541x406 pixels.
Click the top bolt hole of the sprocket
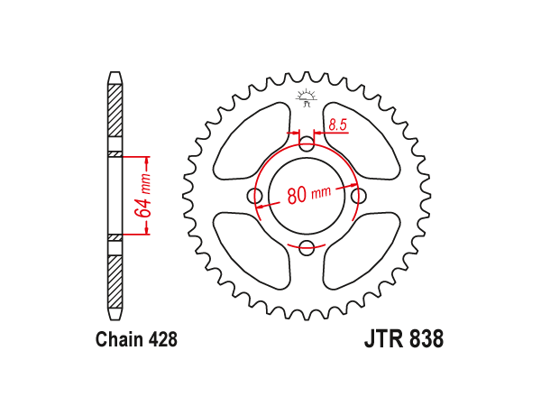(307, 144)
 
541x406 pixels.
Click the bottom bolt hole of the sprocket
(307, 247)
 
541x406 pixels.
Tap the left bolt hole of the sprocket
(254, 196)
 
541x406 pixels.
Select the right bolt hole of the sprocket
(359, 196)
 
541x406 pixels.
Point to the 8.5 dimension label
(337, 125)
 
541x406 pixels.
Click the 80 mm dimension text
(308, 194)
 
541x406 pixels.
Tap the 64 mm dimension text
(143, 196)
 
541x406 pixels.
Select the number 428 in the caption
(163, 339)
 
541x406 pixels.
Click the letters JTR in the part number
(384, 339)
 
